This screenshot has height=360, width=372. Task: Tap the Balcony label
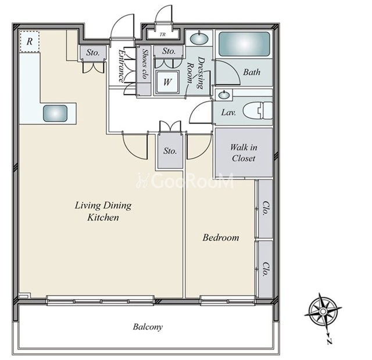tap(148, 327)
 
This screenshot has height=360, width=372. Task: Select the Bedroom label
tap(221, 237)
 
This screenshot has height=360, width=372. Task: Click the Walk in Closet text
tap(244, 153)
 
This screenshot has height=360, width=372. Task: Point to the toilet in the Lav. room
tap(257, 110)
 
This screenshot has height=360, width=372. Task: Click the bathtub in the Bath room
tap(244, 44)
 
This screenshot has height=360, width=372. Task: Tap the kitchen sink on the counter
tap(55, 114)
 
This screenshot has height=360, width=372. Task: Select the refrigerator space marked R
tap(30, 41)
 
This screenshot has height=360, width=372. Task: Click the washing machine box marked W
tap(167, 82)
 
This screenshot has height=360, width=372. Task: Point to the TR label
tap(163, 35)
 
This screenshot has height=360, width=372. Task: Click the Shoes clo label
tap(144, 63)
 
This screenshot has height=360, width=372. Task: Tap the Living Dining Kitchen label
tap(103, 211)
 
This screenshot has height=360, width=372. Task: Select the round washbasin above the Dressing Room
tap(199, 38)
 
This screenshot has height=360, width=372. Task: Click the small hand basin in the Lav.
tap(224, 95)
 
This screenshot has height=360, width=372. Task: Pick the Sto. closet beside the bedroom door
tap(170, 151)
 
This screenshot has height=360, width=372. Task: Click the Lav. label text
tap(228, 112)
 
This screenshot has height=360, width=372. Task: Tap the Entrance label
tap(121, 66)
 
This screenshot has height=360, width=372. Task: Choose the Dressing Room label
tap(196, 72)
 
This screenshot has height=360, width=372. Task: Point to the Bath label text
tap(252, 72)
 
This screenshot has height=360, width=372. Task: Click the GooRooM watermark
tap(185, 181)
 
